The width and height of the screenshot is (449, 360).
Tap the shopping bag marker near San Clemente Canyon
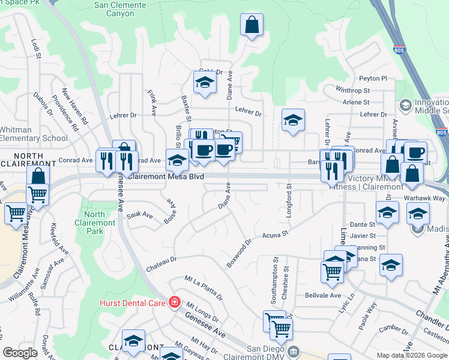click(252, 25)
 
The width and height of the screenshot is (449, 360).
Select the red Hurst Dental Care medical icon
click(174, 301)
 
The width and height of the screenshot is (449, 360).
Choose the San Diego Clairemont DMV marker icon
click(293, 350)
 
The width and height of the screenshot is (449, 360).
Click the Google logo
click(20, 352)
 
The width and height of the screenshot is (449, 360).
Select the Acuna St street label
click(276, 235)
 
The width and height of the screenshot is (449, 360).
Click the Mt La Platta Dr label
click(203, 287)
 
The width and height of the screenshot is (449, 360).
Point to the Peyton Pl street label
click(373, 79)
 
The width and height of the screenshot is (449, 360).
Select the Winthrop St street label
click(353, 91)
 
